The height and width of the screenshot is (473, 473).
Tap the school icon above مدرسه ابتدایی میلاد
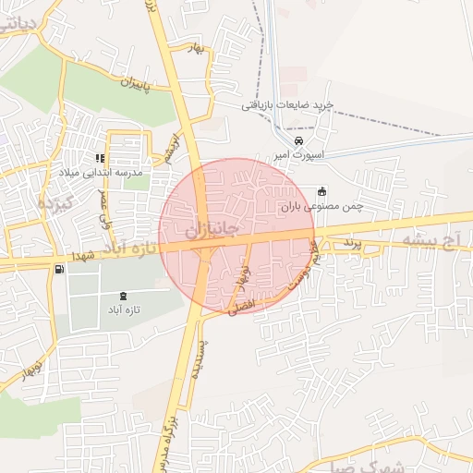pos(100,158)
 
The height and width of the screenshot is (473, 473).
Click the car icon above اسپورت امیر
pos(297,140)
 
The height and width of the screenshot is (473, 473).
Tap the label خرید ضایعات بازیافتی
pos(287,105)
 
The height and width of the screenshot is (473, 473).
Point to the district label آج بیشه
pos(431,239)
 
